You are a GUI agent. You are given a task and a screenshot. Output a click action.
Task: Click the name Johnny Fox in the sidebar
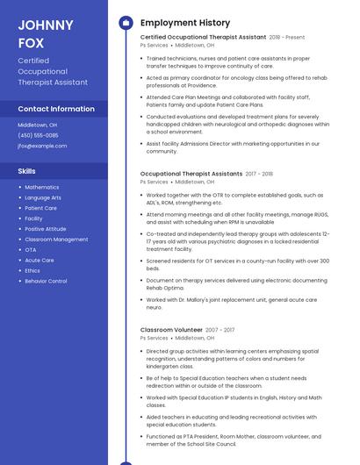(46, 32)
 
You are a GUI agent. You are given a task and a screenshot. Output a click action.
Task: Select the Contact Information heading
(56, 109)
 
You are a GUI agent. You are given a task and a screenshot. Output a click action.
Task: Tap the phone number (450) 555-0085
(38, 135)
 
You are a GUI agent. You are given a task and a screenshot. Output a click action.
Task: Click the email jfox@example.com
(42, 146)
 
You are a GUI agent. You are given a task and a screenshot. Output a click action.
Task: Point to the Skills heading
(27, 170)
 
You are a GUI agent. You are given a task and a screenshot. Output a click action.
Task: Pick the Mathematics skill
(42, 188)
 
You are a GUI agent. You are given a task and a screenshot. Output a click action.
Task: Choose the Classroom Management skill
(56, 240)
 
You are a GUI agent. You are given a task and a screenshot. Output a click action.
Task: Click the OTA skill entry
(31, 250)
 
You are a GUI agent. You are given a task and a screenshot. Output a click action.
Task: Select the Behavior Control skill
(46, 282)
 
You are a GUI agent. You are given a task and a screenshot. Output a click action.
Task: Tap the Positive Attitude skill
(46, 229)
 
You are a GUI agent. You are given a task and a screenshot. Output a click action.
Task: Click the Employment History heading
(185, 23)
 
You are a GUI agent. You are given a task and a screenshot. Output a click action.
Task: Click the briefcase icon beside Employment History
(126, 23)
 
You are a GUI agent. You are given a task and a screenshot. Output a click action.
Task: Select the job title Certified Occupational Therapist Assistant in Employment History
(203, 38)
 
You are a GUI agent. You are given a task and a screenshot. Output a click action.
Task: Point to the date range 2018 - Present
(287, 38)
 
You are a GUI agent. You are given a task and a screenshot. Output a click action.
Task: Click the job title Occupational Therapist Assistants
(191, 175)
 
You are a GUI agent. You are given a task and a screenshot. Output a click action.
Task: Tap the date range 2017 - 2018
(259, 175)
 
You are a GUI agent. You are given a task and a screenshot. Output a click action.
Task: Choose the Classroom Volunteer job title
(171, 330)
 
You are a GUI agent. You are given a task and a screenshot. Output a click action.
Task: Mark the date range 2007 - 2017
(220, 330)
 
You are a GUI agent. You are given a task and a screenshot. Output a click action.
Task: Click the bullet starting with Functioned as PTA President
(235, 440)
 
